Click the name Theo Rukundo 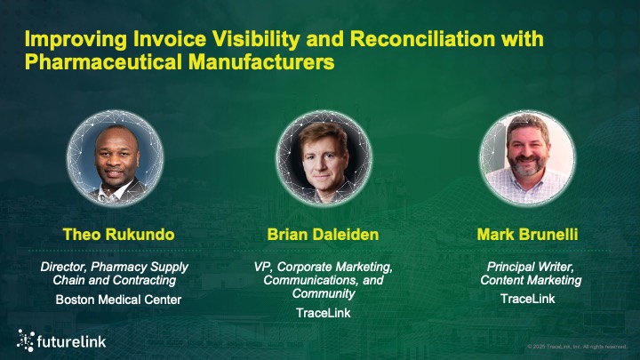(x=118, y=236)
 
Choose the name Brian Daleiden (x=324, y=236)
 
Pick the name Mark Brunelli (x=527, y=236)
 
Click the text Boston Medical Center (x=118, y=300)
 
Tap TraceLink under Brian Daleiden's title (x=324, y=313)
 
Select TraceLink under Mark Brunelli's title (x=527, y=299)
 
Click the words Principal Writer (x=527, y=267)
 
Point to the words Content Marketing (x=527, y=281)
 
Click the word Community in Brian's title (x=324, y=293)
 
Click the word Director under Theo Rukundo (x=65, y=267)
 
